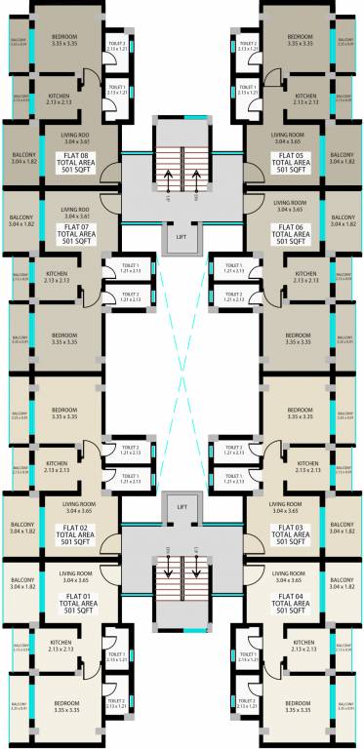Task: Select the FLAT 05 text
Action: (x=292, y=155)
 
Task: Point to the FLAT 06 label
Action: (x=292, y=226)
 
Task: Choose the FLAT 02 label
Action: (x=76, y=528)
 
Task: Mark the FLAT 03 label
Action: (x=291, y=528)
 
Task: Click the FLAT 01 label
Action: (x=76, y=595)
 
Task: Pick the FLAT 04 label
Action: (x=291, y=595)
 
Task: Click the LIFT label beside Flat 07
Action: (x=182, y=237)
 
